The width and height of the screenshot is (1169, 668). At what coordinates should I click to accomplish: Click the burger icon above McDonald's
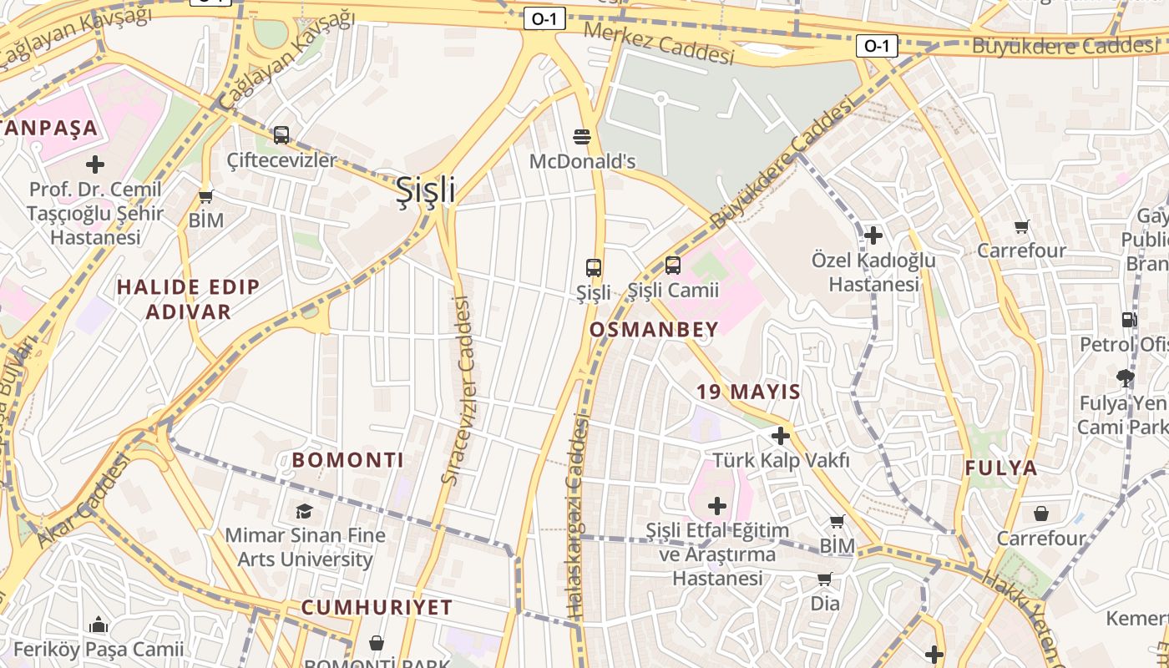pyautogui.click(x=582, y=135)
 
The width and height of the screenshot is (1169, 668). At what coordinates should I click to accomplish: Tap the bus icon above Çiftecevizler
pyautogui.click(x=281, y=134)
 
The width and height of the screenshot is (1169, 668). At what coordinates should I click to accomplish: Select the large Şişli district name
pyautogui.click(x=425, y=190)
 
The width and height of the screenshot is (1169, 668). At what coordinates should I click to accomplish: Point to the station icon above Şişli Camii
pyautogui.click(x=672, y=266)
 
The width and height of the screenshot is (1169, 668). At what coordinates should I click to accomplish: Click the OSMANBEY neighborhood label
pyautogui.click(x=654, y=330)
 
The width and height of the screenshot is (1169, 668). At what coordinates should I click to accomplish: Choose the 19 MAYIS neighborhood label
pyautogui.click(x=749, y=392)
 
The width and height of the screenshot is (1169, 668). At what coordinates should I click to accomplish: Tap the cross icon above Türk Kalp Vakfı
pyautogui.click(x=781, y=435)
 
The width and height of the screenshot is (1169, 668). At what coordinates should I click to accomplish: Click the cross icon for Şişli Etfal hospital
pyautogui.click(x=717, y=505)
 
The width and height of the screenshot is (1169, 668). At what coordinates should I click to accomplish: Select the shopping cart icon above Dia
pyautogui.click(x=825, y=579)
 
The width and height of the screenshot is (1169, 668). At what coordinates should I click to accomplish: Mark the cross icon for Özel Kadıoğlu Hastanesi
pyautogui.click(x=873, y=235)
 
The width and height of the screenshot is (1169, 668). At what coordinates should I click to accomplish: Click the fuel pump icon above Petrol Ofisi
pyautogui.click(x=1129, y=319)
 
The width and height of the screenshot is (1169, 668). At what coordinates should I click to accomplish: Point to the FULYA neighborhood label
pyautogui.click(x=1001, y=468)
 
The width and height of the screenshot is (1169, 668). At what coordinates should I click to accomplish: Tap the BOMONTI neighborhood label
pyautogui.click(x=347, y=460)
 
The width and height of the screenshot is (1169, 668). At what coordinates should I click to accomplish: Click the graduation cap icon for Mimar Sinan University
pyautogui.click(x=305, y=510)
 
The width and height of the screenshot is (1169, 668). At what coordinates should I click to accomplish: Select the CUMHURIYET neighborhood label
pyautogui.click(x=377, y=608)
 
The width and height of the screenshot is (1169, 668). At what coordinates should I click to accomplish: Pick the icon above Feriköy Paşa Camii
pyautogui.click(x=99, y=625)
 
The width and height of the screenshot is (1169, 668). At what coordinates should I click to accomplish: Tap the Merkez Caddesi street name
pyautogui.click(x=659, y=43)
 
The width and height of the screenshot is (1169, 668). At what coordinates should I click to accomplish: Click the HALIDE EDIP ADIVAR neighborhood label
pyautogui.click(x=188, y=300)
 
